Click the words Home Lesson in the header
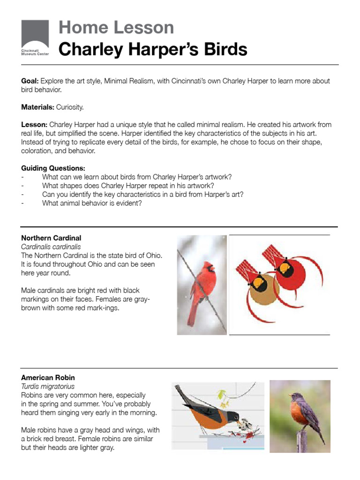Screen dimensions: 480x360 116,28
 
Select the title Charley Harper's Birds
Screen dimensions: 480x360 153,49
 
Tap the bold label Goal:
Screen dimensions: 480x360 30,81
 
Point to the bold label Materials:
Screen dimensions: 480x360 37,107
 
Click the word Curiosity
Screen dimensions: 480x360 70,107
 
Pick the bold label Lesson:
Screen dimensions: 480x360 34,125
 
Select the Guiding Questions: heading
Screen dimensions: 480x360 53,168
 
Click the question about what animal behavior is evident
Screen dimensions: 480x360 92,203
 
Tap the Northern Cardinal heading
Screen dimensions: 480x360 51,238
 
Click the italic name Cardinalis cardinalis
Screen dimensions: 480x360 51,247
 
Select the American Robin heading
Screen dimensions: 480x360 48,377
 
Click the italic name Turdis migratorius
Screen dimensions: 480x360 48,386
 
